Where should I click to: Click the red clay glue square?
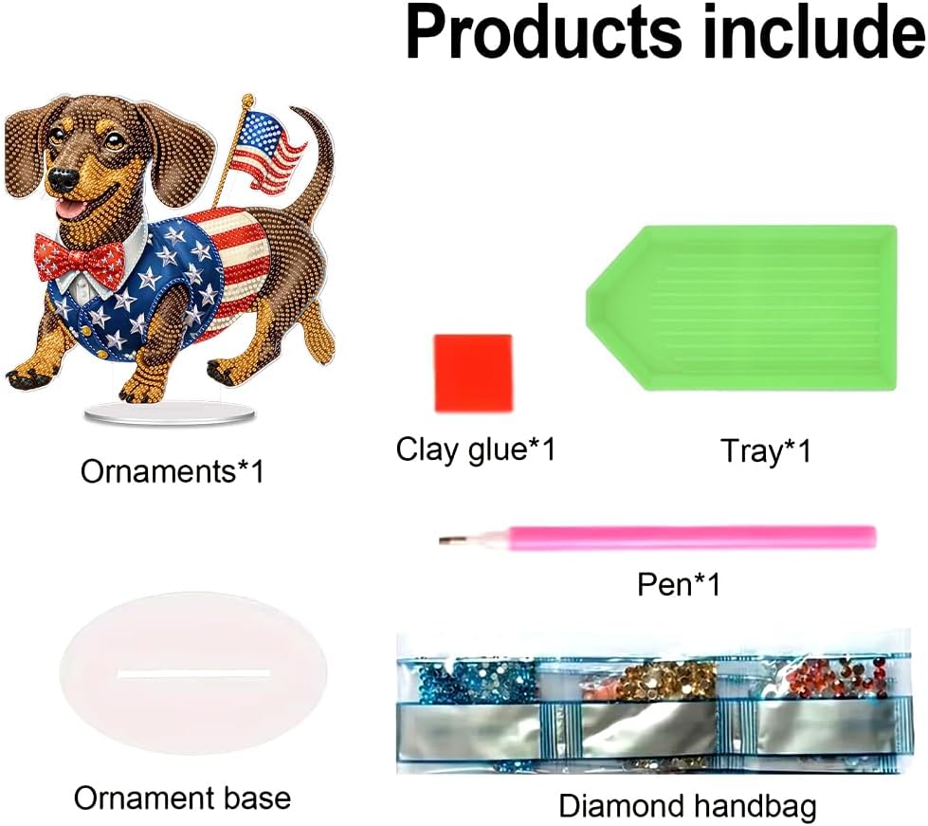(473, 373)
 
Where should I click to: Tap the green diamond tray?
(741, 308)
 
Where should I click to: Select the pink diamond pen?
(657, 537)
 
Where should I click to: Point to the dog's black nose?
(63, 177)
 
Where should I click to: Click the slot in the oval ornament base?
(194, 673)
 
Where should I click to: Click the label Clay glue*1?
(475, 450)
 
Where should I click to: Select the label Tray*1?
(765, 451)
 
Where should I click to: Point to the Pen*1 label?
(679, 584)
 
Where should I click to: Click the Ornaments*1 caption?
(172, 471)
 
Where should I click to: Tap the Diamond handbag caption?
(687, 806)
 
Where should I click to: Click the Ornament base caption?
(182, 798)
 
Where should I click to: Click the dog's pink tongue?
(69, 208)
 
